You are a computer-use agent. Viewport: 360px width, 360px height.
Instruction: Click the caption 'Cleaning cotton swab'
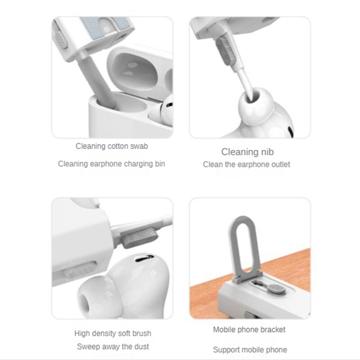(112, 146)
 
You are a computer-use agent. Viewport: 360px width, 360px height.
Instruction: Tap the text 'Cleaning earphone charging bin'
(111, 164)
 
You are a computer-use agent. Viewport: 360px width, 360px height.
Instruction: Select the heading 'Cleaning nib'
(247, 152)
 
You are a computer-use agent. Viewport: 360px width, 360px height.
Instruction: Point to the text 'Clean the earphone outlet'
(246, 164)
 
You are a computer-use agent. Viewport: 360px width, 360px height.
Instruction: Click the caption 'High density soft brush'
(113, 333)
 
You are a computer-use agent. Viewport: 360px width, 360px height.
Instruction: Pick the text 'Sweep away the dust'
(113, 346)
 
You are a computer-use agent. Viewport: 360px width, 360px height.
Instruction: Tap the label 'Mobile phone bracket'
(249, 330)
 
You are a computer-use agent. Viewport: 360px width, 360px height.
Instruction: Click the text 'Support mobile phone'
(250, 350)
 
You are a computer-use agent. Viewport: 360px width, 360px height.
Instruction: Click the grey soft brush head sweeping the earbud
(139, 239)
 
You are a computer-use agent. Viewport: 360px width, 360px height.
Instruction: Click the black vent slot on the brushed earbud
(144, 258)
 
